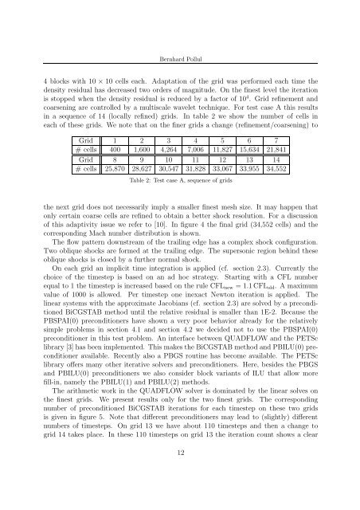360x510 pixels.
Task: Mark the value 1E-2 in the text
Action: [x=254, y=328]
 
